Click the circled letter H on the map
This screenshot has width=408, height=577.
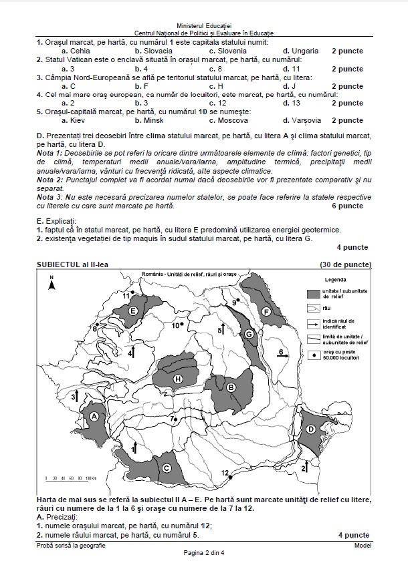178,379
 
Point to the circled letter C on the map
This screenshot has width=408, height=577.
166,468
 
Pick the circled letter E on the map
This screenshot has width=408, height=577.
133,311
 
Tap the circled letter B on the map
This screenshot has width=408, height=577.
231,387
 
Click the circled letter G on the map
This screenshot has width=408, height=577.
248,334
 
